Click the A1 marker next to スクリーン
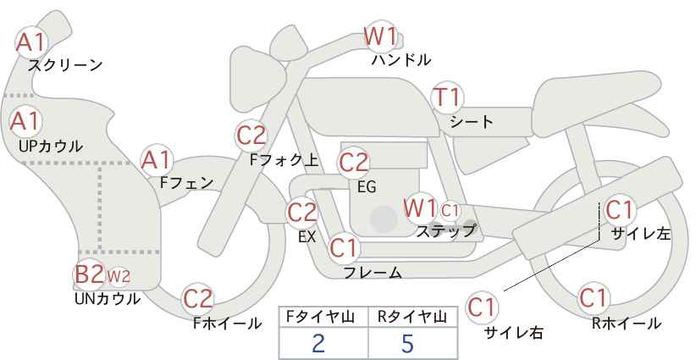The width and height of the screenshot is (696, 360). click(30, 42)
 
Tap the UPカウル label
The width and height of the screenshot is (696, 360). click(51, 146)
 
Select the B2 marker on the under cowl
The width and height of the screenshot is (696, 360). click(89, 274)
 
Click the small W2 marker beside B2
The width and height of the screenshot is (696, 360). click(119, 276)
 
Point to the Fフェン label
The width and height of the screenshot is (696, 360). click(186, 183)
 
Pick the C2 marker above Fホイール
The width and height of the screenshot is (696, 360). click(198, 298)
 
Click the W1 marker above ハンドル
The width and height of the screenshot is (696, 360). click(380, 36)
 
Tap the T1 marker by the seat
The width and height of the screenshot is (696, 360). click(447, 97)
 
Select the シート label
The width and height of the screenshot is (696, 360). click(472, 121)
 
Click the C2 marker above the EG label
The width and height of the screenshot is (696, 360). click(353, 163)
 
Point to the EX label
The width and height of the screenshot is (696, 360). click(307, 236)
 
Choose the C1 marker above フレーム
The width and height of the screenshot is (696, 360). click(344, 247)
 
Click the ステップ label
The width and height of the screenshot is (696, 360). click(445, 231)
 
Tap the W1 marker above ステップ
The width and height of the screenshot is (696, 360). click(420, 208)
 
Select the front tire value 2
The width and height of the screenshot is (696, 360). click(318, 343)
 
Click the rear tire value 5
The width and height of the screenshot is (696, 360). click(407, 343)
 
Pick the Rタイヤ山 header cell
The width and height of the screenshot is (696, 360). click(413, 318)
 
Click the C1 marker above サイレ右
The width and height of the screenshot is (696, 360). click(482, 307)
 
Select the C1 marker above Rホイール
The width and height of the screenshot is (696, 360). click(593, 298)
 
